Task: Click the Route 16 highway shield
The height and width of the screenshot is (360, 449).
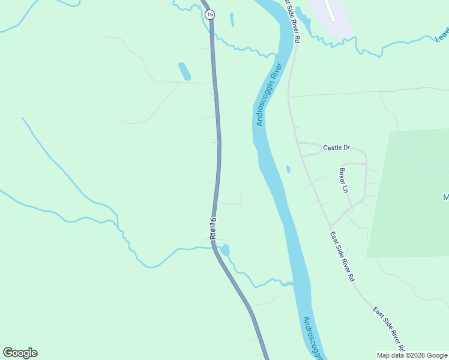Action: pyautogui.click(x=209, y=14)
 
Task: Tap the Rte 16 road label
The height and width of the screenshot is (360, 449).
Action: pyautogui.click(x=213, y=229)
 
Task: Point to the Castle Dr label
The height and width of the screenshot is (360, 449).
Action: pyautogui.click(x=336, y=147)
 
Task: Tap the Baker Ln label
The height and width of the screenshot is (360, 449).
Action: pyautogui.click(x=343, y=180)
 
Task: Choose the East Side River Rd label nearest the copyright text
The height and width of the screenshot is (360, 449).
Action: pyautogui.click(x=390, y=329)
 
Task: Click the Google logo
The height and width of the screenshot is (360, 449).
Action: pyautogui.click(x=20, y=353)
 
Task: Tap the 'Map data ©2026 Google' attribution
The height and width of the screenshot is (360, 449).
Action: pyautogui.click(x=412, y=355)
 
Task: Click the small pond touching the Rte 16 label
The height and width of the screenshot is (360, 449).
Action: pyautogui.click(x=225, y=250)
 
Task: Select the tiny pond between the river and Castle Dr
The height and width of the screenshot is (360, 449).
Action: pyautogui.click(x=288, y=169)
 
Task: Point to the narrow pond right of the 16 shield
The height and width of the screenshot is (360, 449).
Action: pyautogui.click(x=232, y=20)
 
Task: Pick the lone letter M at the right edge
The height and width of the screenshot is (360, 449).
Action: pyautogui.click(x=445, y=197)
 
